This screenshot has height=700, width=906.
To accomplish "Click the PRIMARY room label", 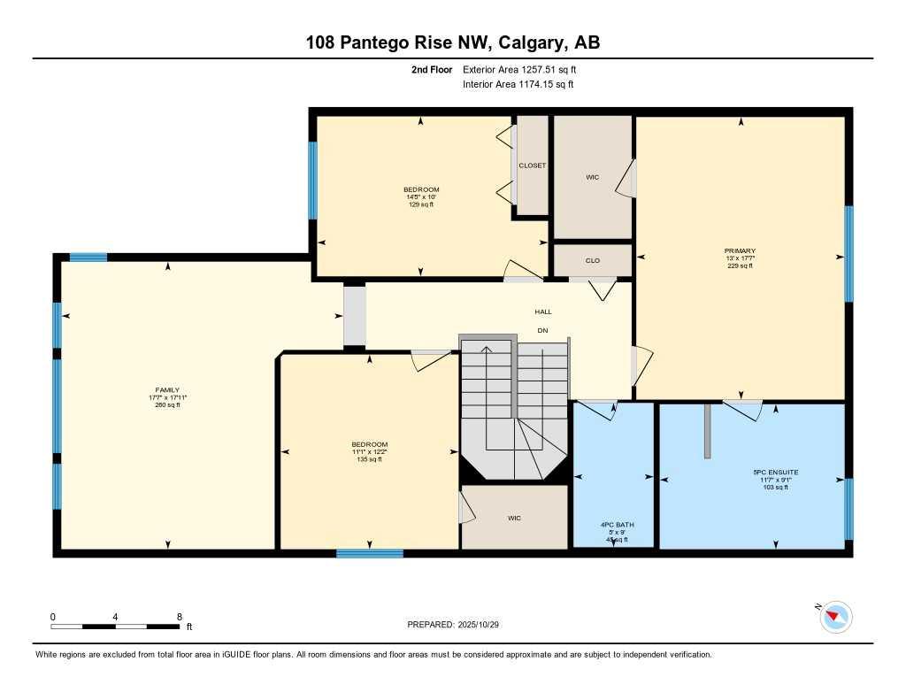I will tap(740, 251).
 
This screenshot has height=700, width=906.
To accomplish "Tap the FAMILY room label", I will tap(167, 390).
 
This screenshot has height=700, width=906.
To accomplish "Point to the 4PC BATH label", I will tap(616, 525).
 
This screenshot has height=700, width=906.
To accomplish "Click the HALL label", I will tap(542, 312).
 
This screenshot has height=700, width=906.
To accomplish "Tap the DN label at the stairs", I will tap(542, 331).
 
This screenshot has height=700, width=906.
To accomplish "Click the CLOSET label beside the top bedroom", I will tap(532, 165).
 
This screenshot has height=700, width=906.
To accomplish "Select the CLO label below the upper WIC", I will tap(592, 261).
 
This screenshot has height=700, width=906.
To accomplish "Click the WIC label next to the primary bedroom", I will tap(592, 177).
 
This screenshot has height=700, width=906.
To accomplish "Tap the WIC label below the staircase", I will tap(514, 518).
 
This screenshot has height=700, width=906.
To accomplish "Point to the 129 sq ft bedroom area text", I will tap(421, 204).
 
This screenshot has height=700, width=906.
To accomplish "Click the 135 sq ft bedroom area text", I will tap(369, 459).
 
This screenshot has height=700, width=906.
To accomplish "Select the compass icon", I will tap(836, 617).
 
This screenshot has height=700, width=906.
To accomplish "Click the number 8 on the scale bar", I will tap(180, 617).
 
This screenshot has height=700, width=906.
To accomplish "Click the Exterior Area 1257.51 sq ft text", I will tap(519, 69).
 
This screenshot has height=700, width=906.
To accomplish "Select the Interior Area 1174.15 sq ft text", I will tap(518, 85).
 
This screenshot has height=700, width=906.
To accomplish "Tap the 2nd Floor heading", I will tap(431, 69).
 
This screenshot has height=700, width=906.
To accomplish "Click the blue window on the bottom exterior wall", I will tap(369, 554).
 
